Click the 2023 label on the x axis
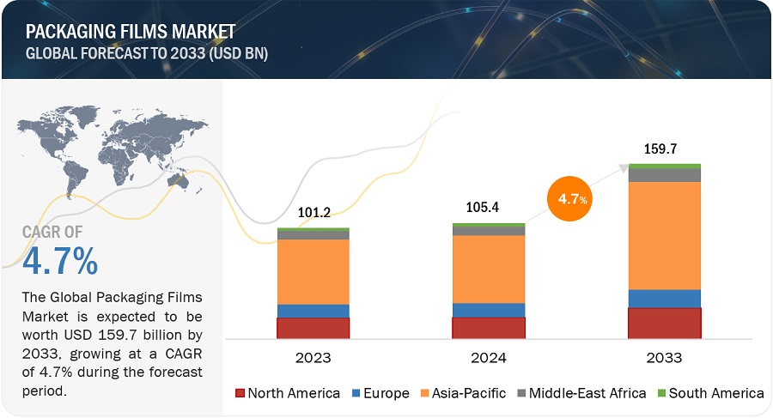tap(313, 357)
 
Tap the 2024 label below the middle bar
tap(488, 357)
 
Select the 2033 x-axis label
tap(664, 357)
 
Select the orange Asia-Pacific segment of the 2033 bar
tap(664, 235)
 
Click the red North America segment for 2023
tap(313, 328)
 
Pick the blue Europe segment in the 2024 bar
tap(488, 310)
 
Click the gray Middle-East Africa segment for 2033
tap(664, 175)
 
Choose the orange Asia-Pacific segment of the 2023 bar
tap(313, 271)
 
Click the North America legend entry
tap(288, 393)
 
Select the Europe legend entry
tap(377, 393)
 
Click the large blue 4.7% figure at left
tap(60, 261)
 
